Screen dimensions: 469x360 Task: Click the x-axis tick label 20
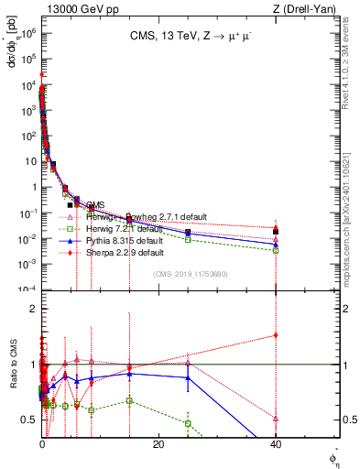coord(158,443)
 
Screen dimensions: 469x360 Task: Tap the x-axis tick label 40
coord(275,443)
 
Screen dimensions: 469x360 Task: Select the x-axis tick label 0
coord(42,443)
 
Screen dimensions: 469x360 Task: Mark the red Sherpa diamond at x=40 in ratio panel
coord(276,335)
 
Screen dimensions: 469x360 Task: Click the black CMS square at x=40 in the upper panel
coord(276,232)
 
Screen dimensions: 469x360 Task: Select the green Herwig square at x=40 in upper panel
coord(276,250)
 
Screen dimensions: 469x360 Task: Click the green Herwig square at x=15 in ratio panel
coord(130,400)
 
